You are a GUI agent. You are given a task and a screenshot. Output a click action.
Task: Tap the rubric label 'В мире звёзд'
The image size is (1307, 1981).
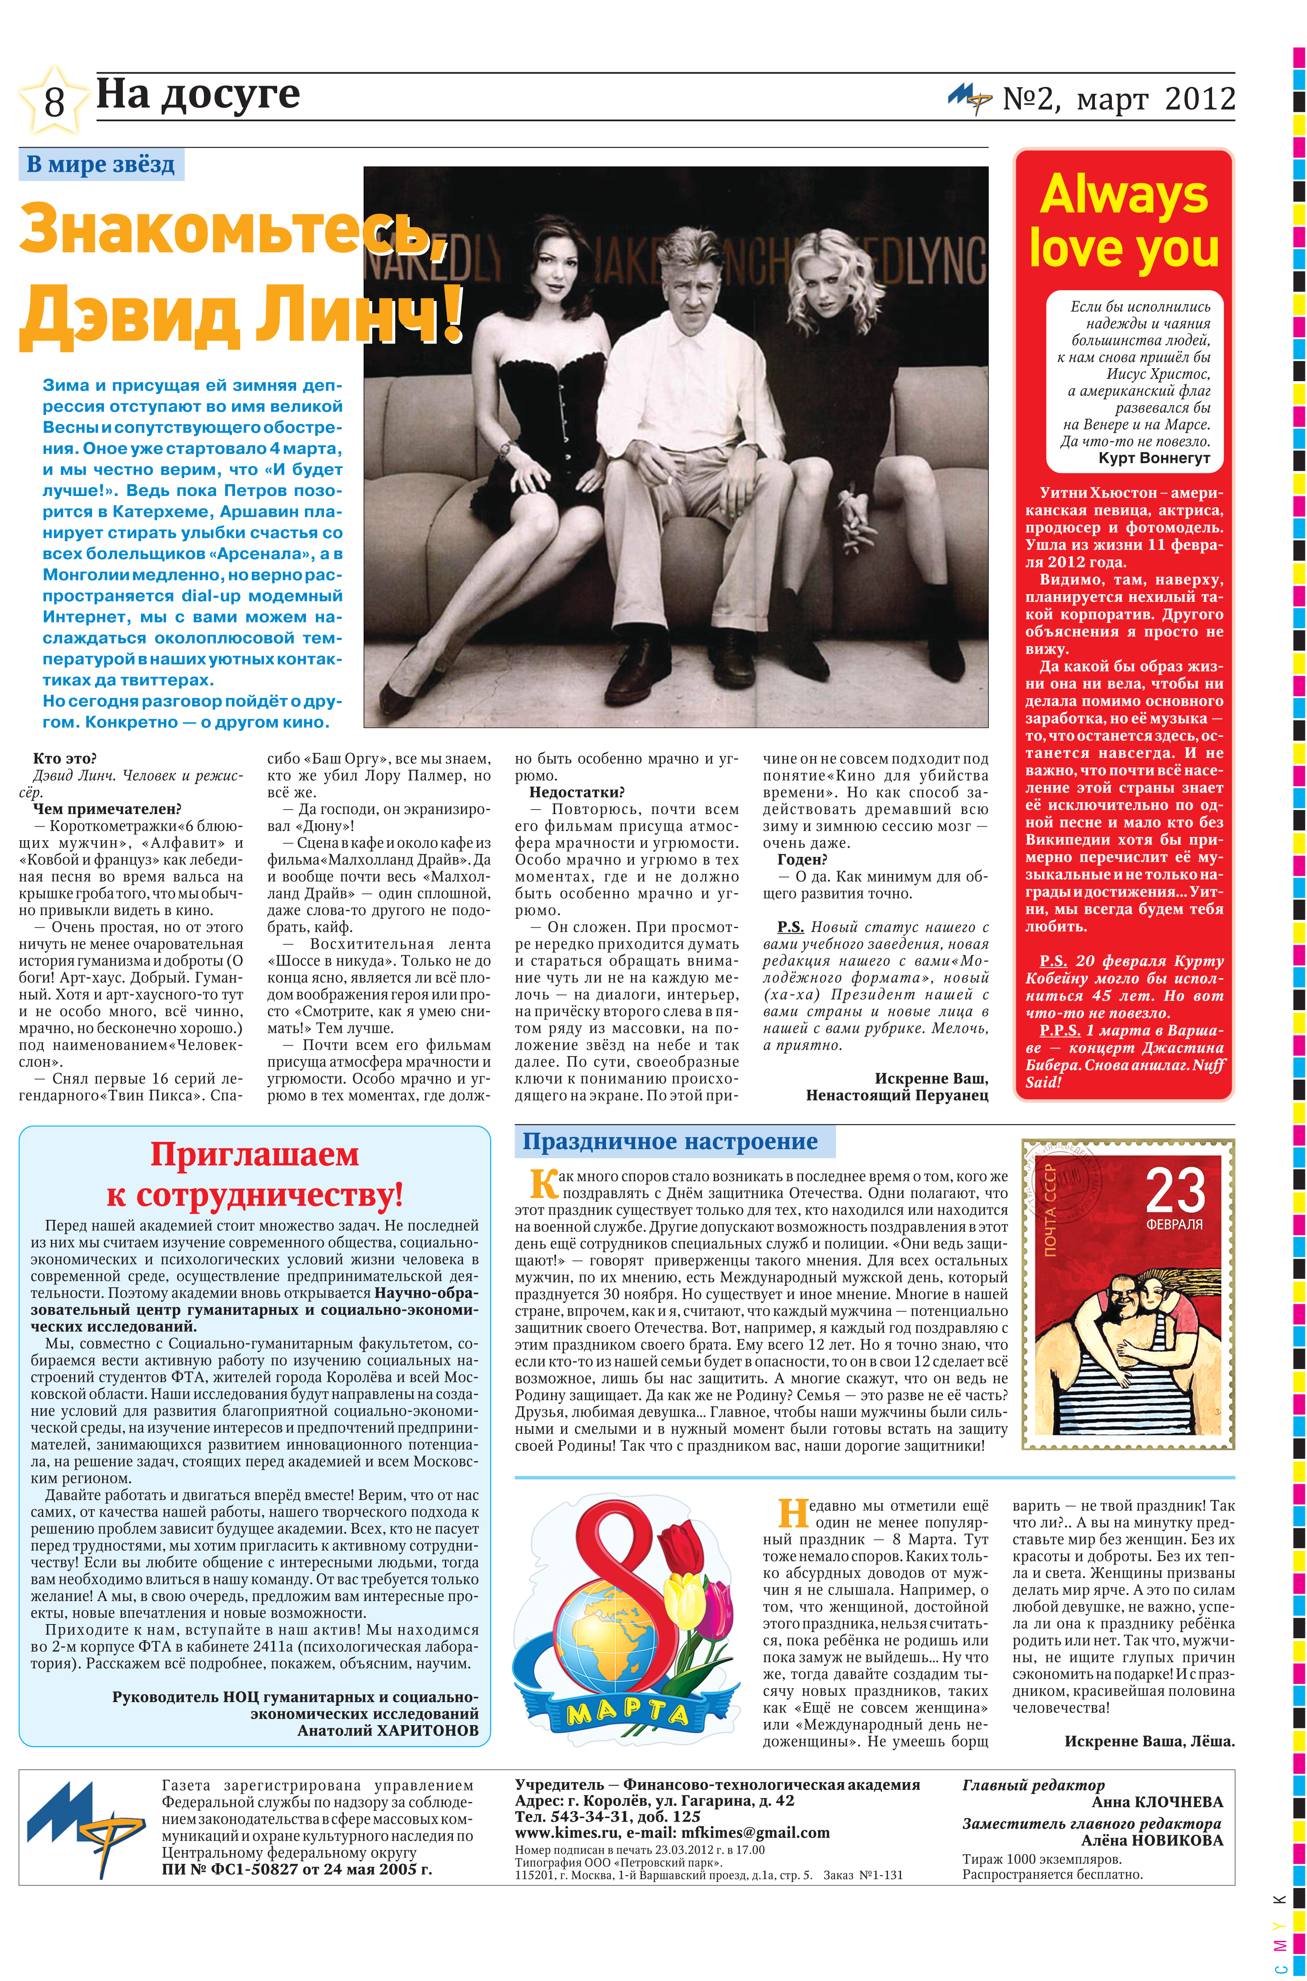(x=101, y=164)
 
